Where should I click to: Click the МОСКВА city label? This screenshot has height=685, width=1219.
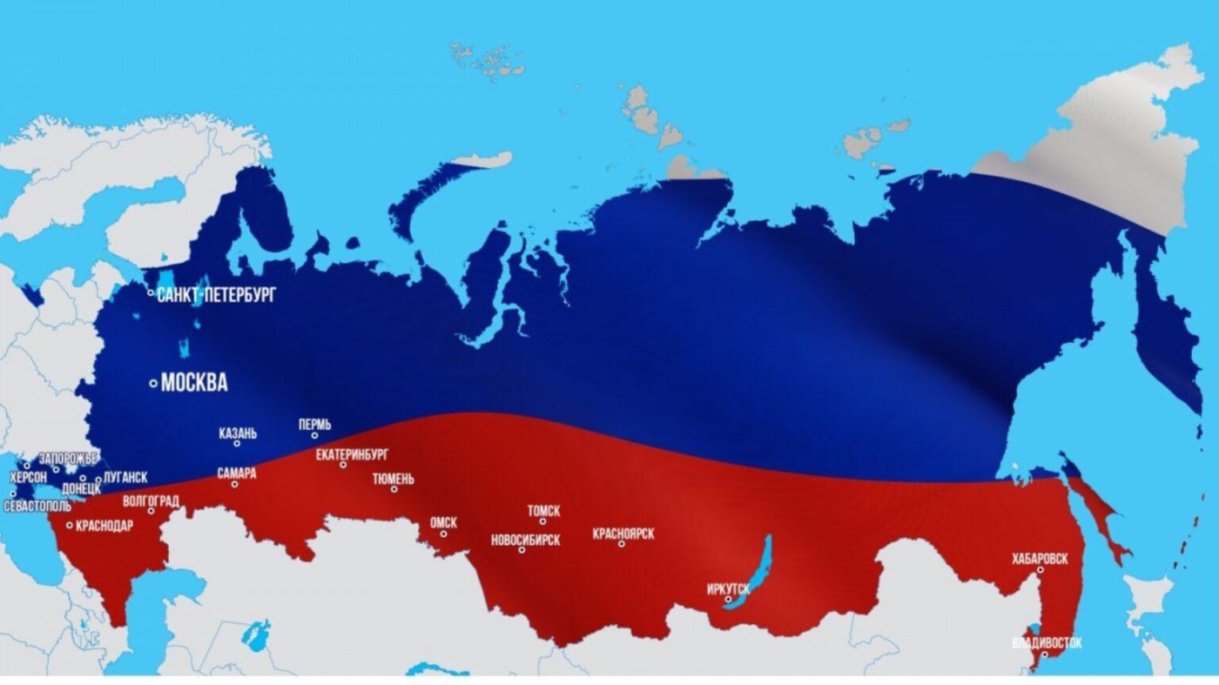[194, 382]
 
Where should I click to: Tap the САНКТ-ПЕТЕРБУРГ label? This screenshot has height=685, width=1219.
[216, 295]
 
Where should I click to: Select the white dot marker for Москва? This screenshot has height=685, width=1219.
[153, 383]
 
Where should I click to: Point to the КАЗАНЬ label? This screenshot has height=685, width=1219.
[238, 433]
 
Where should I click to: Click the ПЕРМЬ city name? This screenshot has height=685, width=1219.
[314, 425]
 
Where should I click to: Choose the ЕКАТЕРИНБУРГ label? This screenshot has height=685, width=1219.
[352, 454]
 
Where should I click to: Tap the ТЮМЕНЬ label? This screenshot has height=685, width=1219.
[394, 479]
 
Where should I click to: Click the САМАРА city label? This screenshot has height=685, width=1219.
[237, 473]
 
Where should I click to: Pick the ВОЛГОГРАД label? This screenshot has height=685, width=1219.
[152, 501]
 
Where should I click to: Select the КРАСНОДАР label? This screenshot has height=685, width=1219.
[104, 526]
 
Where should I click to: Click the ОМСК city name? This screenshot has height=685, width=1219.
[443, 523]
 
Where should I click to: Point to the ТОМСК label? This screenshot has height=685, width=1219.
[543, 511]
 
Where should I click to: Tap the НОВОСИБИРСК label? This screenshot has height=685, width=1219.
[525, 540]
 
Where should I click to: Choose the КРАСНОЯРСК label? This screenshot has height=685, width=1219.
[623, 534]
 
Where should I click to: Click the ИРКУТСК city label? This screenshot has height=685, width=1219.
[728, 589]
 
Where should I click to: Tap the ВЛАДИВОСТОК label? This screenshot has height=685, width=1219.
[1047, 643]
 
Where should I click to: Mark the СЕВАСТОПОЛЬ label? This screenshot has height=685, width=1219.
[37, 506]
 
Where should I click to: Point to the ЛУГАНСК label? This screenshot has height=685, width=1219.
[125, 478]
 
